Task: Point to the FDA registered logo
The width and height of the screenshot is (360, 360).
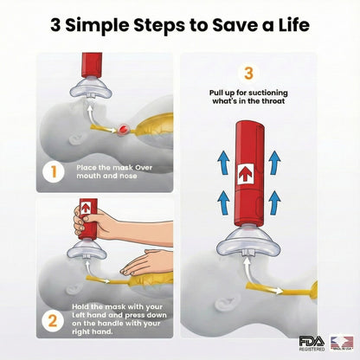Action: point(311,342)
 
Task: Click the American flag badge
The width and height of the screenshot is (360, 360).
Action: point(339,342)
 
